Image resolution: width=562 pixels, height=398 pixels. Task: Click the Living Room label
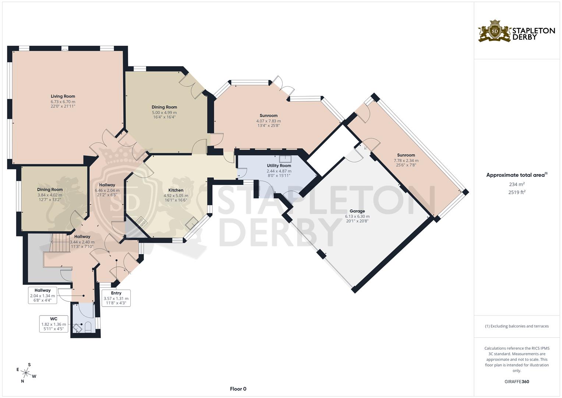63,96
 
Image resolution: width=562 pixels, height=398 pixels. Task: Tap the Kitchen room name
176,190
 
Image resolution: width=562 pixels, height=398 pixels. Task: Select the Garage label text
357,211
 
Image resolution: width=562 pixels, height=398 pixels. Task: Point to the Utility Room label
279,165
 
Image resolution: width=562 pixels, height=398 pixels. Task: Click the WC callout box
54,324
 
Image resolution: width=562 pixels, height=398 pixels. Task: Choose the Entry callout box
116,298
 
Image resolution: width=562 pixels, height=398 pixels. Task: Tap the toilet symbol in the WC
88,327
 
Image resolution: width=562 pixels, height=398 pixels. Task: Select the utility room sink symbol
285,159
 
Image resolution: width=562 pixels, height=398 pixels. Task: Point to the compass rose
26,373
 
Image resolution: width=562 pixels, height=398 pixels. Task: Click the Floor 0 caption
238,389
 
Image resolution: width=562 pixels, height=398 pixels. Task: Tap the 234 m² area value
517,184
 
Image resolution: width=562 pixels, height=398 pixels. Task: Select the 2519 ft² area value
517,192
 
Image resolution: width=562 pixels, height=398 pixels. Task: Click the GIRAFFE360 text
517,382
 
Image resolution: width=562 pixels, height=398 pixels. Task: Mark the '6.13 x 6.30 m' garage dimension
357,216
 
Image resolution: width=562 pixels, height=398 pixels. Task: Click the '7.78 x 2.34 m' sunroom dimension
406,161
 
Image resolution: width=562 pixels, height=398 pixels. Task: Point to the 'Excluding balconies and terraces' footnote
517,326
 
